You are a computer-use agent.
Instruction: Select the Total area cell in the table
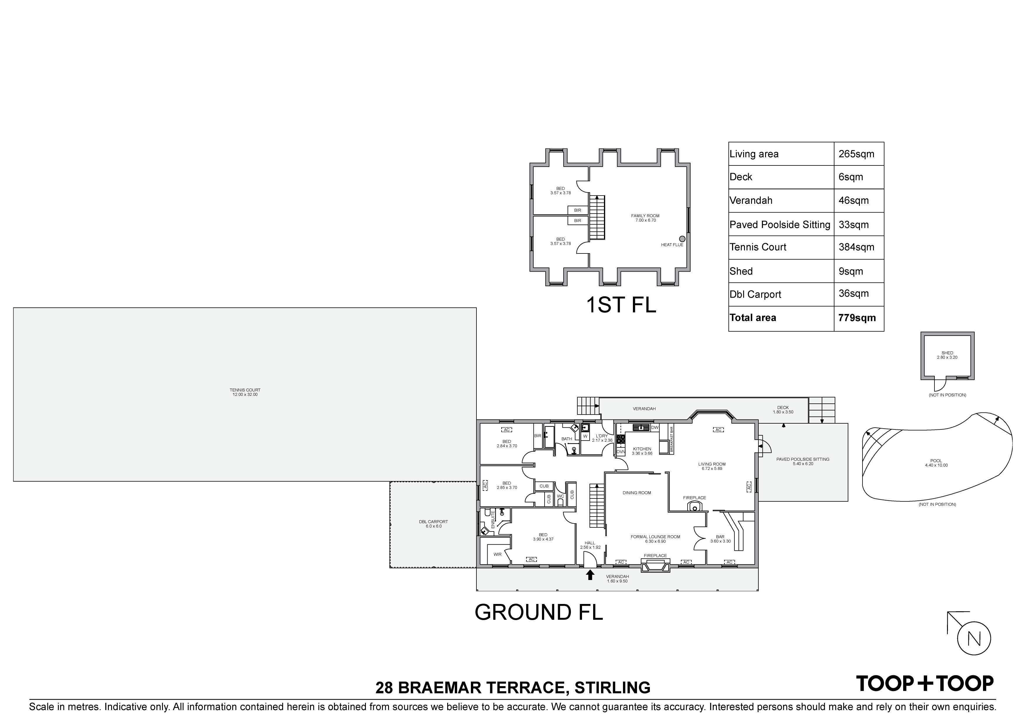point(753,318)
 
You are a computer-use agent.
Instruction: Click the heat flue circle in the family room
point(682,239)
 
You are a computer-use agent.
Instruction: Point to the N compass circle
point(974,638)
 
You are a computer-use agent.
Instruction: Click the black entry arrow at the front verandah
point(590,574)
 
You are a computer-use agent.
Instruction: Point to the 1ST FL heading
point(621,305)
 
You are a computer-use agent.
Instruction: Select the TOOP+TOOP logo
point(925,683)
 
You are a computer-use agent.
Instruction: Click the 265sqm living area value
point(856,154)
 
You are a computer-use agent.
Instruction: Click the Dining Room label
point(637,493)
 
